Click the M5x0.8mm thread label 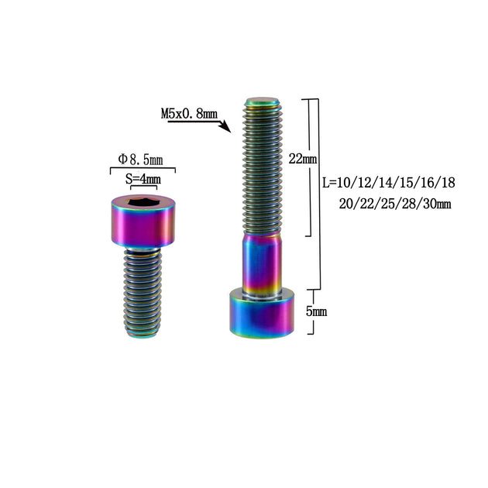click(189, 114)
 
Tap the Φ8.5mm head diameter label click(140, 160)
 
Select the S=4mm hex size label click(143, 179)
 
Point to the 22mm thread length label click(303, 159)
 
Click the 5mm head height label click(316, 311)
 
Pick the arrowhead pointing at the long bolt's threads click(225, 127)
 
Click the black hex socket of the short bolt click(143, 202)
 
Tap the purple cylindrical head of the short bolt click(143, 222)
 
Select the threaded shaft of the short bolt click(143, 293)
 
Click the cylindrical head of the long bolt click(262, 313)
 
